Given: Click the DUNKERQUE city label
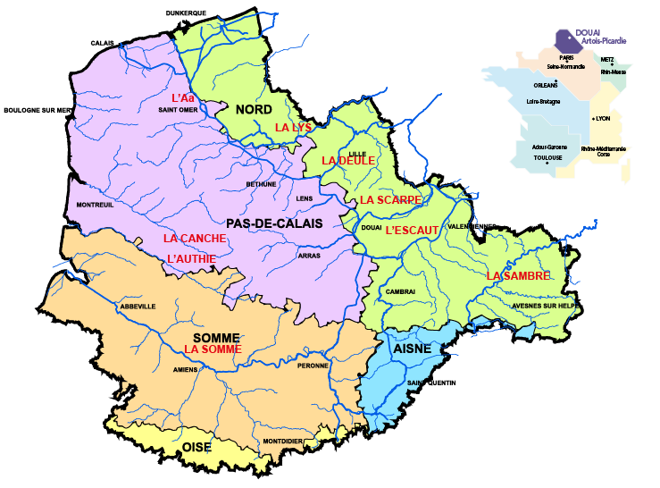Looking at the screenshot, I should click(187, 13).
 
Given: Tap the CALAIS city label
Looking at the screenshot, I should click(104, 43).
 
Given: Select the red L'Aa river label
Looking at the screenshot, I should click(182, 97).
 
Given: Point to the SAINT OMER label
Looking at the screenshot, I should click(178, 111).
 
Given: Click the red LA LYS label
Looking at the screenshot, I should click(293, 128).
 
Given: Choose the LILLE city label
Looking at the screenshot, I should click(357, 154).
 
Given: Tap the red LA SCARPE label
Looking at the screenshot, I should click(390, 199).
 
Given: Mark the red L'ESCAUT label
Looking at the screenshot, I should click(412, 230).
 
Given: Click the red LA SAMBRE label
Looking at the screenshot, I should click(518, 275).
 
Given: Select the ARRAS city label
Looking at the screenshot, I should click(309, 256).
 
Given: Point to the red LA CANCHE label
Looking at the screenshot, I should click(194, 239).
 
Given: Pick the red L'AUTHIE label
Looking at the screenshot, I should click(193, 259).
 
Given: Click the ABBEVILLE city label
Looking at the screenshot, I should click(137, 307).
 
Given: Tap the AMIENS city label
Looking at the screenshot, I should click(186, 369).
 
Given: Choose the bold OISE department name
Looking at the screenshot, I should click(197, 446).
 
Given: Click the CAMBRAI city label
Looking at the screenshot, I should click(401, 292).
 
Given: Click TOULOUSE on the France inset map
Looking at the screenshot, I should click(547, 157).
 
